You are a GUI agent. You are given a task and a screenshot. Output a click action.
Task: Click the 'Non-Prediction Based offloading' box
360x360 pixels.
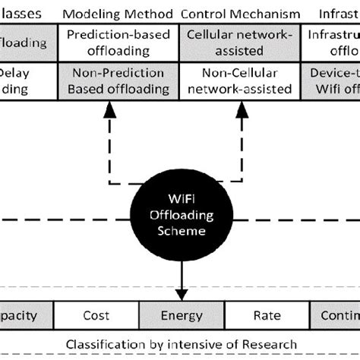[118, 81]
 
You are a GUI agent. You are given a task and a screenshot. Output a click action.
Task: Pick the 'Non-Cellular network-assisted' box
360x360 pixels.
[242, 81]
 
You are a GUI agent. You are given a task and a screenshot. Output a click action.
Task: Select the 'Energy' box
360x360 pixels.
[181, 314]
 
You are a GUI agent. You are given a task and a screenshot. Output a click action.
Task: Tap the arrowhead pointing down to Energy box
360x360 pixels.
[181, 293]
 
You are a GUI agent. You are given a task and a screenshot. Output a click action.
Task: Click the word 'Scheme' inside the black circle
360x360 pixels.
[181, 232]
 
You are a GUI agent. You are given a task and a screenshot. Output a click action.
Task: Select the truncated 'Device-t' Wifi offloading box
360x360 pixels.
[334, 81]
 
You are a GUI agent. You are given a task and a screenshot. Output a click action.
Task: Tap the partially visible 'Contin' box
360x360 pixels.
[334, 314]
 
